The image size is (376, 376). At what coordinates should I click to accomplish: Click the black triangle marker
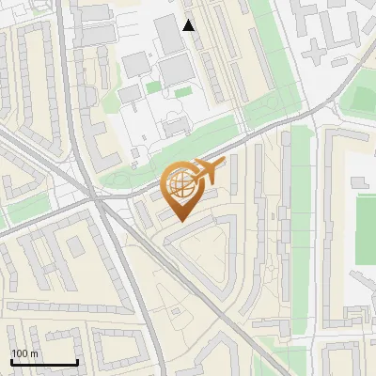(x=189, y=25)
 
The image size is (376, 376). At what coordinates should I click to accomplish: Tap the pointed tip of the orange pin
(x=180, y=219)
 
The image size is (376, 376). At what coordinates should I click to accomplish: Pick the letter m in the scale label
(x=35, y=353)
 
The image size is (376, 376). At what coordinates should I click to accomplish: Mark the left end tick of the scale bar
(x=11, y=362)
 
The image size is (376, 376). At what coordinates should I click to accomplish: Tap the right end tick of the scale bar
(x=77, y=362)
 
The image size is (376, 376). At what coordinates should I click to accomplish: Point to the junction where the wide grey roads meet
(x=98, y=199)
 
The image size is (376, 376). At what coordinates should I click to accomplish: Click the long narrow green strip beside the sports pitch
(x=301, y=216)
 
